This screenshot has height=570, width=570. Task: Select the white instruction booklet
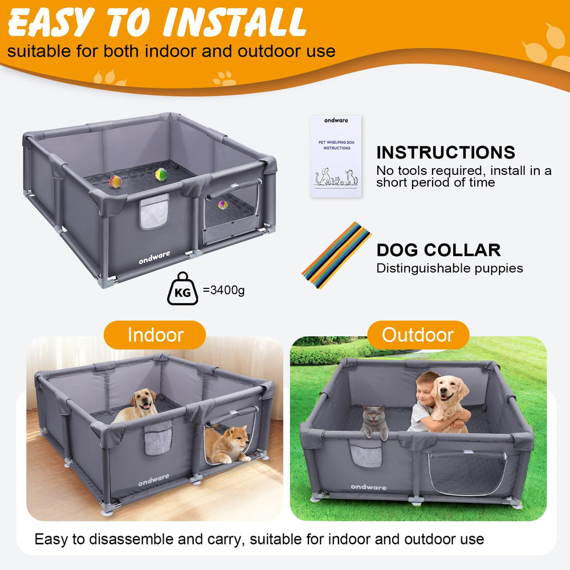[336, 156]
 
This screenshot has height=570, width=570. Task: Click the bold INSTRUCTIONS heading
[445, 152]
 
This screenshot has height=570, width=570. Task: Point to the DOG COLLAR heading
[438, 250]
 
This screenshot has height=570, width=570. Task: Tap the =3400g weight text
[223, 291]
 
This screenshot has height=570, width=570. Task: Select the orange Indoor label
[156, 335]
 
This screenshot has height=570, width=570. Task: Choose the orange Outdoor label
[418, 335]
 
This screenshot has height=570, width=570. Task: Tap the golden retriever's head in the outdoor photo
[449, 393]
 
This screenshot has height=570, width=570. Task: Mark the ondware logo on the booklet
[336, 120]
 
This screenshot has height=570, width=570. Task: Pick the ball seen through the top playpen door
[223, 203]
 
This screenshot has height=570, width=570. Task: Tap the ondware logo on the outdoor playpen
[368, 487]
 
